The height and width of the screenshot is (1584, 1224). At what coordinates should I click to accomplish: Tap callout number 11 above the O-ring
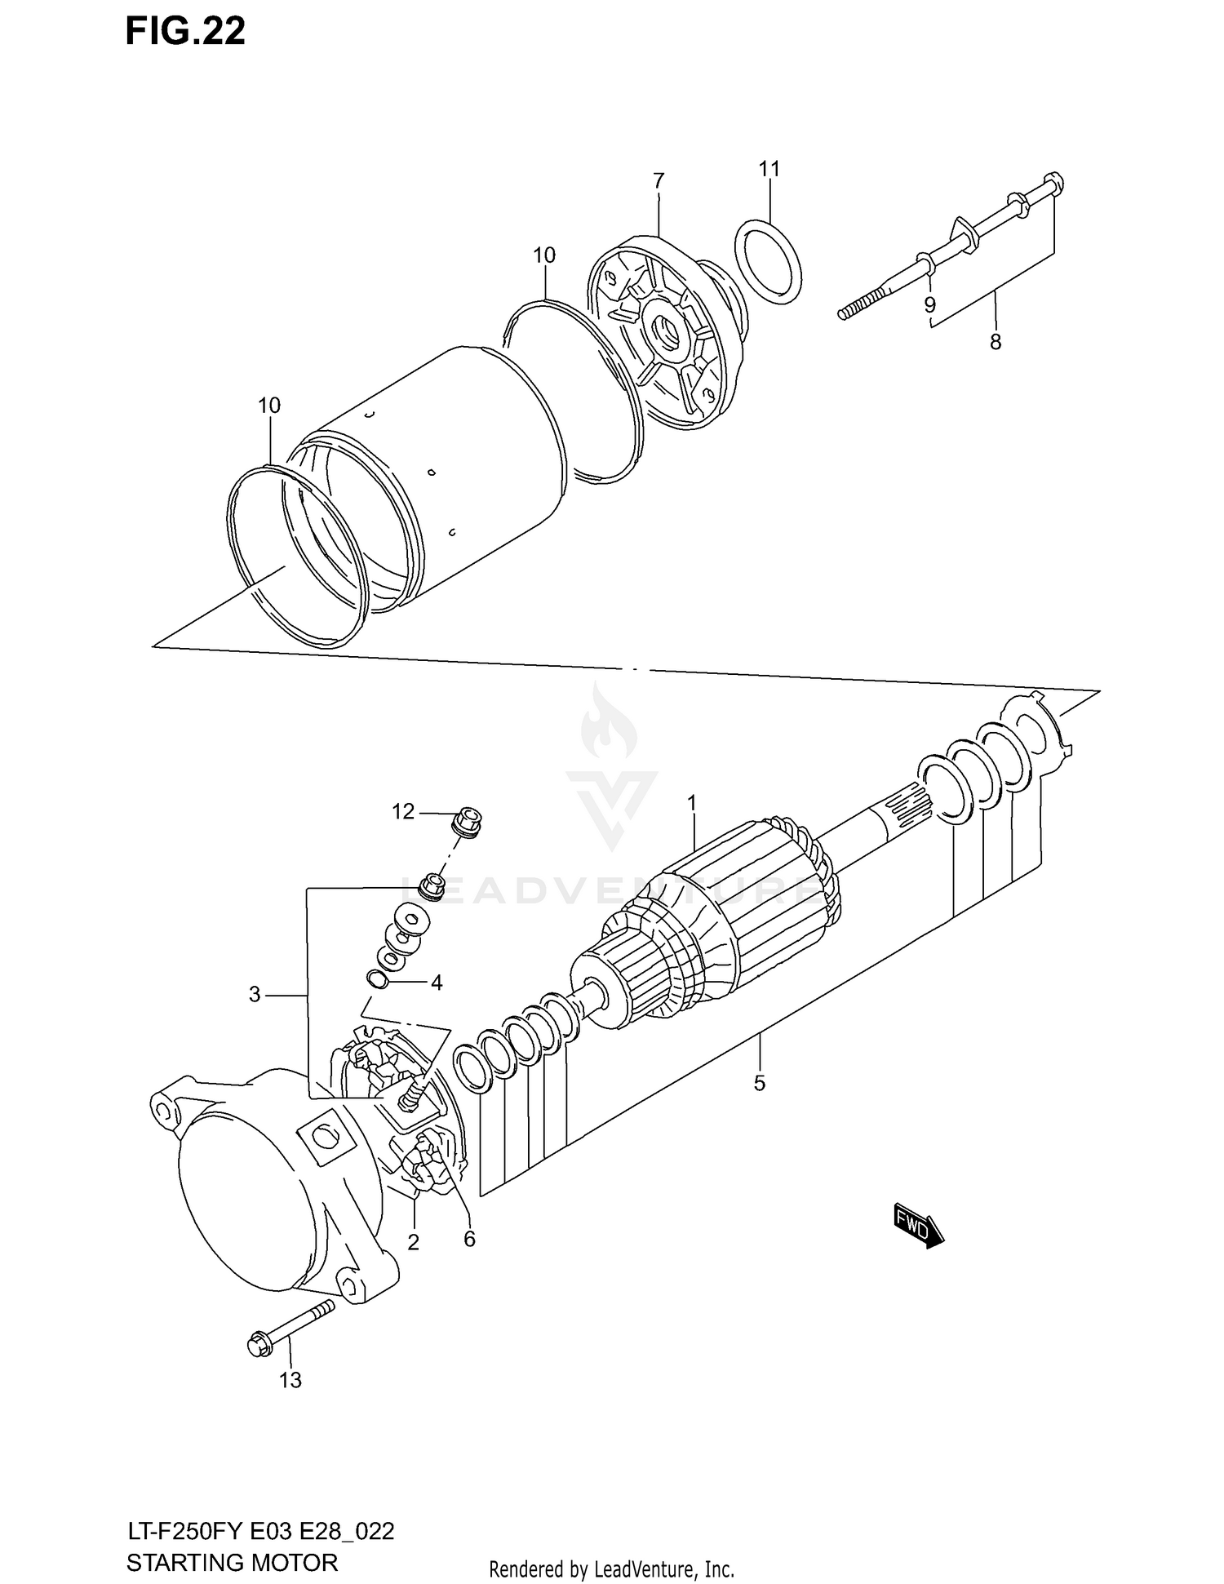point(769,169)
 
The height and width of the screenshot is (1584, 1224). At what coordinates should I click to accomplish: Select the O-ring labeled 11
point(768,262)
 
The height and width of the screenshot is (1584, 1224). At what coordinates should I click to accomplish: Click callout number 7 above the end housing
point(659,180)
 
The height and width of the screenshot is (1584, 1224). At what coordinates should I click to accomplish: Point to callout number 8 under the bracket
point(995,343)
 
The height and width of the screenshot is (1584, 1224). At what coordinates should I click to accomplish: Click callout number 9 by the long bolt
point(929,305)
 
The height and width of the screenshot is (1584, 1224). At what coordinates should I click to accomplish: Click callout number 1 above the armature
point(692,804)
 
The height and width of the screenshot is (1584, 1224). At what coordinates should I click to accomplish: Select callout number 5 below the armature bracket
point(759,1084)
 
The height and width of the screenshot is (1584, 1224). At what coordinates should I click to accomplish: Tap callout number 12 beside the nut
point(403,812)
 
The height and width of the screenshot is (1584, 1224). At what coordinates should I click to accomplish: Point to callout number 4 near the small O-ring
point(437,983)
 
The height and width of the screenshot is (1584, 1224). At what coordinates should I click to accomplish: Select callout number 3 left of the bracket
point(255,995)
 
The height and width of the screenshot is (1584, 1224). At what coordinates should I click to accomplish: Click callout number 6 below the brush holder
point(469,1239)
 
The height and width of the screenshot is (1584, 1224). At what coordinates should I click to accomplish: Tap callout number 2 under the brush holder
point(413,1243)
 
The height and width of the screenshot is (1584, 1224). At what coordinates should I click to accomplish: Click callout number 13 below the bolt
point(290,1380)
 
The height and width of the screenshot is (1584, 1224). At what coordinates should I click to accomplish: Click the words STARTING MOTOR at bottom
point(232,1562)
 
